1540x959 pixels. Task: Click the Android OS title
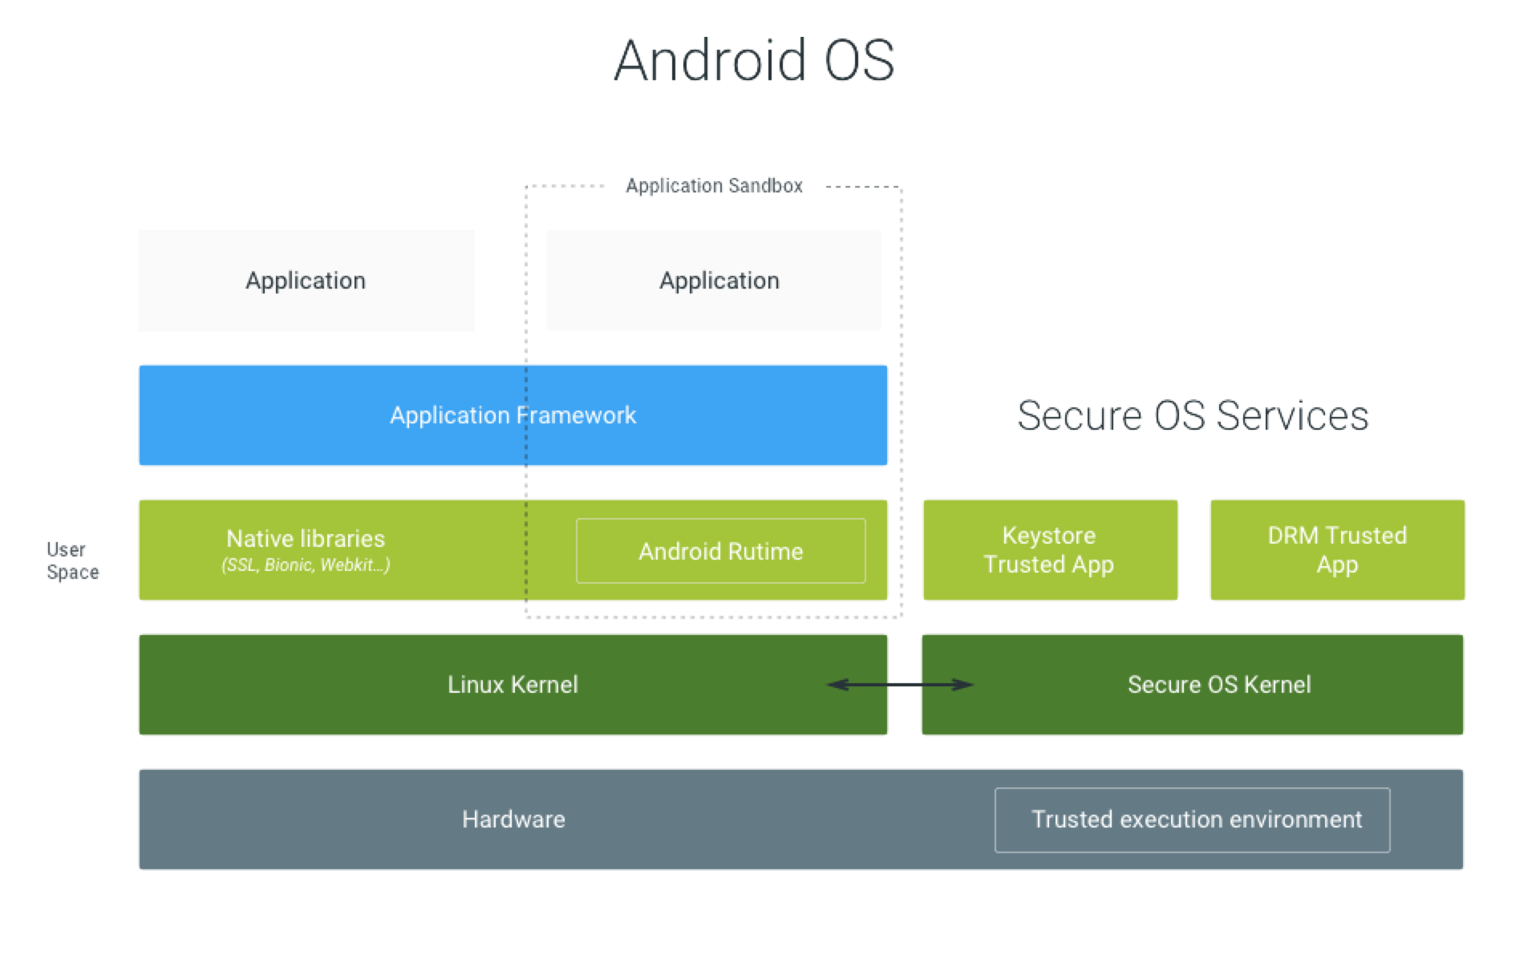pyautogui.click(x=754, y=60)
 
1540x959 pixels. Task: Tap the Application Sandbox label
pyautogui.click(x=714, y=186)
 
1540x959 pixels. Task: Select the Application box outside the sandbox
pyautogui.click(x=306, y=281)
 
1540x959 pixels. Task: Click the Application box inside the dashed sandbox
pyautogui.click(x=713, y=281)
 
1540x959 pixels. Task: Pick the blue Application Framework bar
pyautogui.click(x=513, y=415)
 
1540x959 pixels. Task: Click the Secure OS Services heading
pyautogui.click(x=1193, y=415)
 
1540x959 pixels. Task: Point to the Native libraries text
pyautogui.click(x=306, y=538)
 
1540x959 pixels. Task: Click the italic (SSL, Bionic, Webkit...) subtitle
pyautogui.click(x=306, y=565)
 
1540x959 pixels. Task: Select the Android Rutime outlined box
pyautogui.click(x=720, y=551)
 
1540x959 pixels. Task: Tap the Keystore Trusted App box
pyautogui.click(x=1050, y=550)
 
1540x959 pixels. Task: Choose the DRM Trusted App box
pyautogui.click(x=1337, y=550)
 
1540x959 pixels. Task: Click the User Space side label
pyautogui.click(x=72, y=560)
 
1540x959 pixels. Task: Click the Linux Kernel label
pyautogui.click(x=513, y=684)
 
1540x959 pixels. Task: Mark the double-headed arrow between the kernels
pyautogui.click(x=900, y=685)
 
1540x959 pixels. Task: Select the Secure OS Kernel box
pyautogui.click(x=1193, y=685)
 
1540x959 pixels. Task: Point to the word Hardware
pyautogui.click(x=513, y=819)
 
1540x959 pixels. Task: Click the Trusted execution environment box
pyautogui.click(x=1193, y=819)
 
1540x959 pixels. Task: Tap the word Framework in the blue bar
pyautogui.click(x=576, y=415)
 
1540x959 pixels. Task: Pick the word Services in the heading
pyautogui.click(x=1292, y=415)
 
